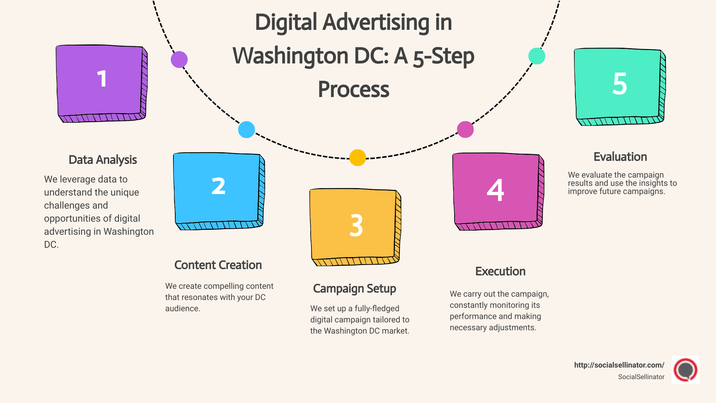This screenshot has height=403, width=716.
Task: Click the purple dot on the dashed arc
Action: coord(179,59)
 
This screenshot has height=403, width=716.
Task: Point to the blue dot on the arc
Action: coord(246,129)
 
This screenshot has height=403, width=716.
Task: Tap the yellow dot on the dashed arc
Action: coord(358,157)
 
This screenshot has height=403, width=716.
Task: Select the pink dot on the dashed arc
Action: coord(465,129)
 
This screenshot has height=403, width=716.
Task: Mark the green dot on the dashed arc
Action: coord(537,56)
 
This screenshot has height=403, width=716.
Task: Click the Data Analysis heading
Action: coord(103,160)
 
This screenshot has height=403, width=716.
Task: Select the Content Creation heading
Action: coord(218,265)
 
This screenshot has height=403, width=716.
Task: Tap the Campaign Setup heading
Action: coord(354,288)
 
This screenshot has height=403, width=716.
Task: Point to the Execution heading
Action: coord(500,271)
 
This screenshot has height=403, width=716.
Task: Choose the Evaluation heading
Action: coord(620,157)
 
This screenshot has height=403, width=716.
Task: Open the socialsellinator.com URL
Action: coord(619,365)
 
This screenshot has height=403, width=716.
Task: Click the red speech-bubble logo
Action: coord(685,370)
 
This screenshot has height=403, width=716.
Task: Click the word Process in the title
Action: coord(354,90)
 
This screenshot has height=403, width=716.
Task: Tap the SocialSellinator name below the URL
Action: coord(641,377)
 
